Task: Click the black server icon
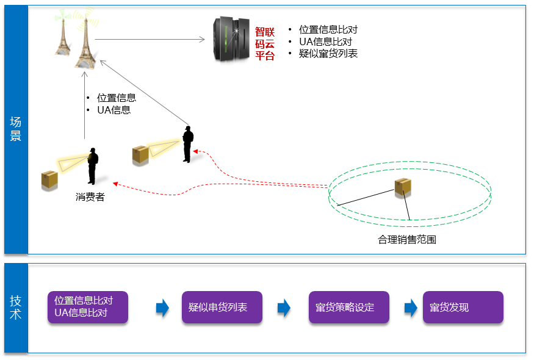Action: click(231, 38)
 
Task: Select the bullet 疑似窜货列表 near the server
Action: click(328, 54)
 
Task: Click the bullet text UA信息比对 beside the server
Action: click(325, 41)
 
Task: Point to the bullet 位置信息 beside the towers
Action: click(116, 98)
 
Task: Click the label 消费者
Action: click(90, 197)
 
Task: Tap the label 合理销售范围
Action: click(406, 240)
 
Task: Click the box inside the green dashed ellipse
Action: click(402, 187)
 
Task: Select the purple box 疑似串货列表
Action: click(222, 307)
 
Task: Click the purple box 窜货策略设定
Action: click(348, 307)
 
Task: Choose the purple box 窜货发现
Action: click(463, 307)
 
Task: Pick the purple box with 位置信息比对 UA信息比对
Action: click(88, 307)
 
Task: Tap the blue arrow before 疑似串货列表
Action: click(162, 308)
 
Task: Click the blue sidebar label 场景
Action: click(16, 129)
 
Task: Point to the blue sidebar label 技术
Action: click(16, 308)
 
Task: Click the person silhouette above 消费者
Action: click(92, 165)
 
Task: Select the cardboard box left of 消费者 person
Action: click(49, 179)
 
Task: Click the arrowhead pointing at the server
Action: click(202, 40)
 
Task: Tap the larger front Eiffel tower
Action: click(86, 44)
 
